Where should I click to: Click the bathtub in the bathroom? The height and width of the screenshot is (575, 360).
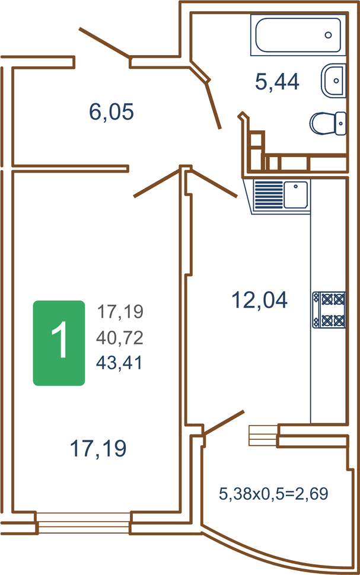click(x=298, y=35)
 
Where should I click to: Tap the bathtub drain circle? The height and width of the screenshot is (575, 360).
click(x=329, y=35)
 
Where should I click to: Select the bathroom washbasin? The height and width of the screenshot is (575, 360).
click(x=333, y=81)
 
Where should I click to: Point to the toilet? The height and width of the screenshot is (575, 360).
click(x=328, y=123)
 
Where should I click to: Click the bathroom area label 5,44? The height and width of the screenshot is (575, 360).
click(x=277, y=82)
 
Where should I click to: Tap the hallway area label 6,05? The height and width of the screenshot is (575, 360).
click(x=111, y=111)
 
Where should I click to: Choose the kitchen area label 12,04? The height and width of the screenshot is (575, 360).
click(x=259, y=299)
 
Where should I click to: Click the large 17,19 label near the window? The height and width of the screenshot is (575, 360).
click(x=98, y=448)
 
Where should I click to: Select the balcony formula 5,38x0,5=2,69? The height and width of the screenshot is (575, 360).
click(x=273, y=494)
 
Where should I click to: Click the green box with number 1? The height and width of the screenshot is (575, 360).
click(x=59, y=343)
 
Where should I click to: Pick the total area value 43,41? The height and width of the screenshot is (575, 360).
click(x=119, y=363)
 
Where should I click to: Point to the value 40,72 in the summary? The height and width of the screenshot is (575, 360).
click(x=120, y=337)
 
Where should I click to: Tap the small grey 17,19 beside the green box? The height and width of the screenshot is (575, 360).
click(x=120, y=312)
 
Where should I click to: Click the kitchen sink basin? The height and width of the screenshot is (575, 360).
click(x=296, y=194)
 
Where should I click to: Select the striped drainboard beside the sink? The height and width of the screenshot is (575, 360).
click(x=269, y=195)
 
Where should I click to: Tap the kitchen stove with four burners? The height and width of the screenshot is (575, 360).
click(x=329, y=309)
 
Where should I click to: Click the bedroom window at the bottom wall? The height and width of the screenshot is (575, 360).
click(x=84, y=523)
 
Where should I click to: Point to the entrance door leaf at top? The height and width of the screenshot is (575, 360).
click(x=104, y=43)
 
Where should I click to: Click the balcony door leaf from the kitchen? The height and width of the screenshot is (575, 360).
click(x=224, y=423)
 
